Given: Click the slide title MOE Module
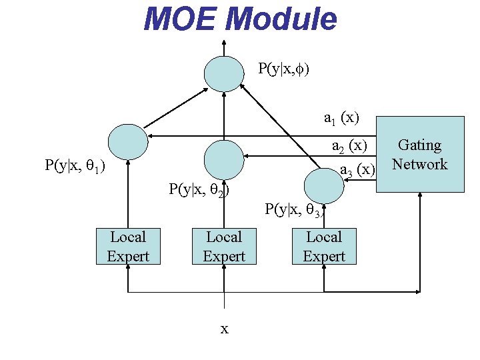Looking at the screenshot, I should (240, 19).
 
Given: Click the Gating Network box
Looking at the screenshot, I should (420, 155).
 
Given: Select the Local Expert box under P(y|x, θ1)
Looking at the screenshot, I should (127, 247).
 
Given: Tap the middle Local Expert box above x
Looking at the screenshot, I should (224, 247).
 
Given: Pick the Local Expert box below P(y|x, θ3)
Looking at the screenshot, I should (324, 247).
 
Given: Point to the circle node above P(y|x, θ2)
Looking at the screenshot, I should (223, 159).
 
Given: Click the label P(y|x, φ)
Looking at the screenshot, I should (283, 68).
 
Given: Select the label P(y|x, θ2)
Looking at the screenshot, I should (199, 189).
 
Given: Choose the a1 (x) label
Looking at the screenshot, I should (341, 119).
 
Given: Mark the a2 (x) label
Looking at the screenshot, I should (349, 146).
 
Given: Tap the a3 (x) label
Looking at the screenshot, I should (358, 170).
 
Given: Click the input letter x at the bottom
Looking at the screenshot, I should (225, 329).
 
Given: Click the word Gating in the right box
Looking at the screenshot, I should (420, 145).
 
